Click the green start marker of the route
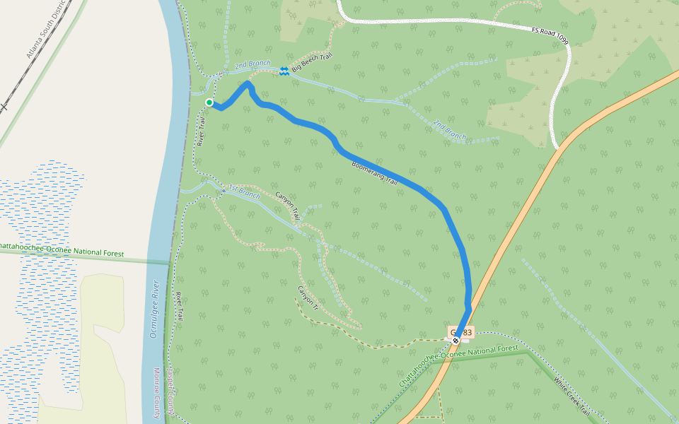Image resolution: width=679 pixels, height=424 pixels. coord(209,103)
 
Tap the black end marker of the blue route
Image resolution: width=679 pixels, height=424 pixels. coord(456,341)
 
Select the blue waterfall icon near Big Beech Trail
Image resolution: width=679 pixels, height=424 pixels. coord(284,71)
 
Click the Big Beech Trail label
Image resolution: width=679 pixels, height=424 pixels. coord(312,61)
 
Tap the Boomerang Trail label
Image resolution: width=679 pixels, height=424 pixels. coord(375,173)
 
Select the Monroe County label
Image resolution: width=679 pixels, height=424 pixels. coord(158,393)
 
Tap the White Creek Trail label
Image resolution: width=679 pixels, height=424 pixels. coord(571,399)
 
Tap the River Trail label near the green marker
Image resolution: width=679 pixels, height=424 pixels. coord(201,131)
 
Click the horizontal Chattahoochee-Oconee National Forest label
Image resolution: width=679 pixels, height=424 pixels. coord(62,250)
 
